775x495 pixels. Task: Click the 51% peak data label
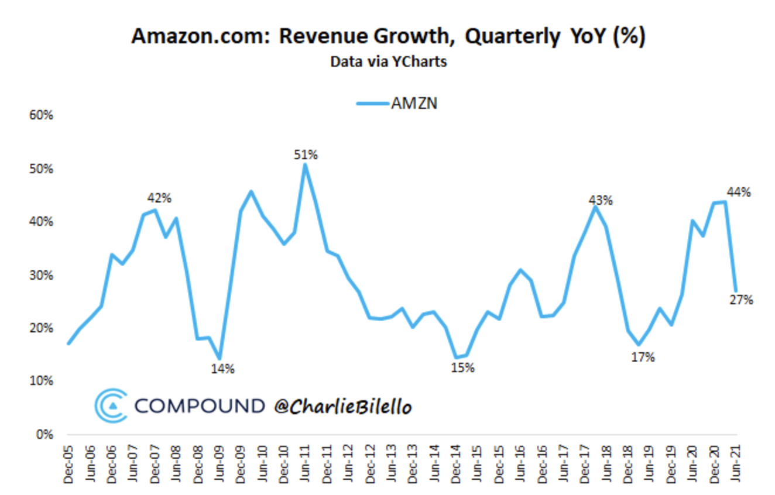point(306,155)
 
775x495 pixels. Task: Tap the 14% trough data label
point(223,369)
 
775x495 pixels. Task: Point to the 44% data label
point(739,192)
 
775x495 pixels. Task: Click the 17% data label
point(643,357)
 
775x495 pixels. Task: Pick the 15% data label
point(462,368)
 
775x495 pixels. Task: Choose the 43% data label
point(601,201)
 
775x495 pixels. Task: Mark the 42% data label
point(159,198)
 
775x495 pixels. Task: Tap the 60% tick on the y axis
point(41,115)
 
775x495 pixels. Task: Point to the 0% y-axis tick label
point(44,435)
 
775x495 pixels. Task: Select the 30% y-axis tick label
point(41,275)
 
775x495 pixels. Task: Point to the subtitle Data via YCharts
point(388,61)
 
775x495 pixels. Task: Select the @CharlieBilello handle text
point(344,406)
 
